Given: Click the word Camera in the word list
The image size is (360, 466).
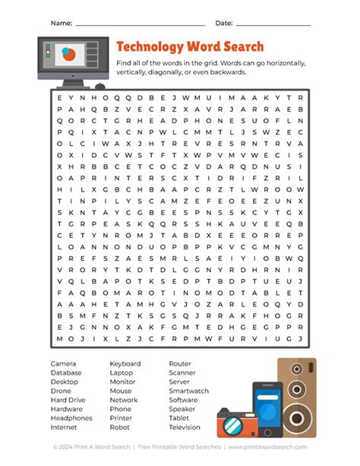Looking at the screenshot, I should pyautogui.click(x=64, y=364).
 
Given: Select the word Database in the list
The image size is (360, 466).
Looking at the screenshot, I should pyautogui.click(x=66, y=373).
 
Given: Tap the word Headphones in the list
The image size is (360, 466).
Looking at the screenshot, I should pyautogui.click(x=71, y=418).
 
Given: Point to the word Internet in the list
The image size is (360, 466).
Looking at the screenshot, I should pyautogui.click(x=65, y=427).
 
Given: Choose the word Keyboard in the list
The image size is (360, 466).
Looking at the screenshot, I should pyautogui.click(x=125, y=364).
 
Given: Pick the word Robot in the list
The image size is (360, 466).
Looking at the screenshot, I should pyautogui.click(x=120, y=427).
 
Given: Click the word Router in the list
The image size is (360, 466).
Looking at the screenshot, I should pyautogui.click(x=180, y=364).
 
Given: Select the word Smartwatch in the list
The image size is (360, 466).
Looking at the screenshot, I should pyautogui.click(x=188, y=391).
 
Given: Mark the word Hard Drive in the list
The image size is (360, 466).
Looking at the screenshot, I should pyautogui.click(x=68, y=400).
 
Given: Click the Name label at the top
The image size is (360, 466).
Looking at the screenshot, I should pyautogui.click(x=61, y=24).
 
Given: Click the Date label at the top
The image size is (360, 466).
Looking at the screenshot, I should pyautogui.click(x=224, y=24).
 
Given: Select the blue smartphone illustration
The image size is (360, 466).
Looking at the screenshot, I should pyautogui.click(x=267, y=411).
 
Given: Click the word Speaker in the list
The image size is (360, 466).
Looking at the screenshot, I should pyautogui.click(x=182, y=409).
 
